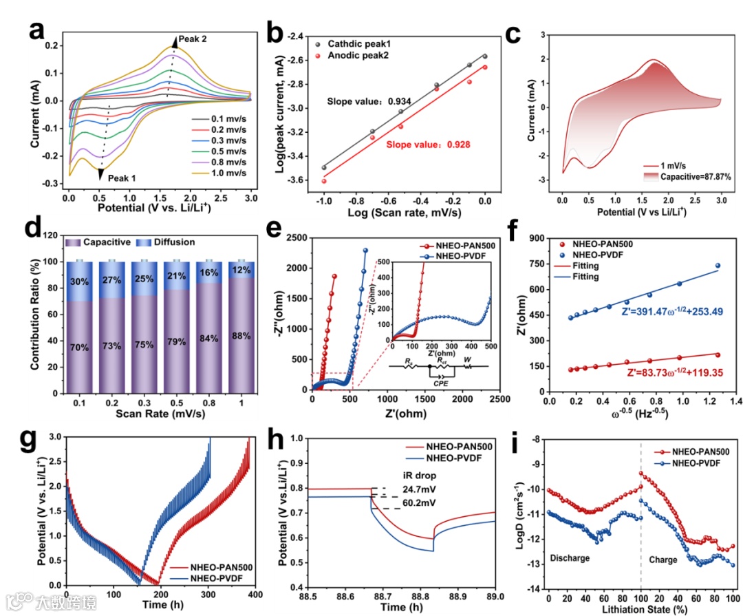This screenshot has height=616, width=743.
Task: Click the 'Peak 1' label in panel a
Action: [x=122, y=178]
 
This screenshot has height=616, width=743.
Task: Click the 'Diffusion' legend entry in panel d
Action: [x=173, y=242]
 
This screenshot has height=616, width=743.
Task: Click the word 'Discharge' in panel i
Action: [x=570, y=557]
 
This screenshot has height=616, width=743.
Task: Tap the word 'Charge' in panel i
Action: [x=663, y=560]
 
